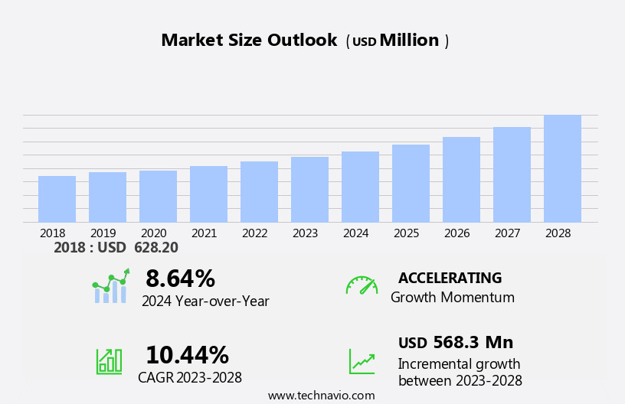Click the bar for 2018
click(57, 200)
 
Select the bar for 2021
click(208, 194)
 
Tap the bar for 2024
click(360, 187)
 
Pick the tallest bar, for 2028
click(562, 169)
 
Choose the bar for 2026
click(461, 180)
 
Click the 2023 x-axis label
click(306, 233)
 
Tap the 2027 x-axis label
click(508, 233)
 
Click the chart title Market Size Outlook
click(249, 41)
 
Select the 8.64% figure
click(180, 279)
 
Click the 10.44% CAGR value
click(187, 355)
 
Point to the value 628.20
click(155, 248)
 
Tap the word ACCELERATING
click(450, 279)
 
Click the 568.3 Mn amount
click(473, 343)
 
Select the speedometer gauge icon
click(362, 285)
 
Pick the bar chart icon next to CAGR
click(109, 360)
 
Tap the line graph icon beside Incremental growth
click(362, 361)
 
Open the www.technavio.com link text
click(321, 396)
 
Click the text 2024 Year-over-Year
click(205, 301)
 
